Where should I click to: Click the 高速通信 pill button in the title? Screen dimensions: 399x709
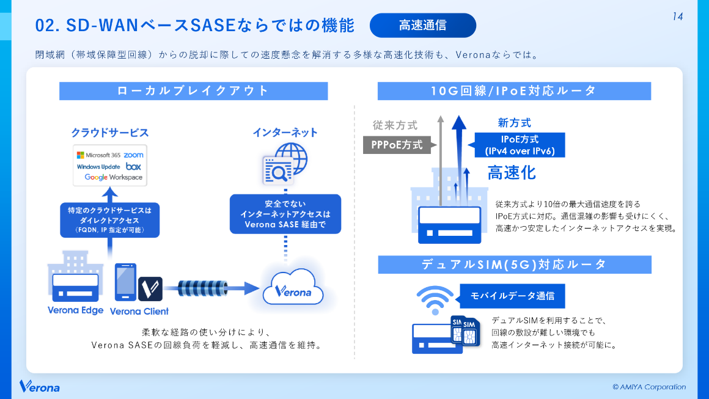coord(422,26)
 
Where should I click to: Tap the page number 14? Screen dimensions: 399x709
coord(677,17)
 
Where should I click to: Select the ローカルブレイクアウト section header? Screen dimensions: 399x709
coord(193,91)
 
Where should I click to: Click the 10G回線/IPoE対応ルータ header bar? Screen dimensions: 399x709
coord(514,91)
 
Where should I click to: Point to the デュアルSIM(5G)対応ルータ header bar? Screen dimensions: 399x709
coord(514,265)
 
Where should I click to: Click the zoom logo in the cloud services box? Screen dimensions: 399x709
coord(133,155)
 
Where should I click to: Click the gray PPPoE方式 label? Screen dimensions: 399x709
coord(397,145)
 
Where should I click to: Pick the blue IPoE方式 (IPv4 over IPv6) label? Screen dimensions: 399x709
coord(520,145)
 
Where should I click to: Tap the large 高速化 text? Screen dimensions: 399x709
coord(512,173)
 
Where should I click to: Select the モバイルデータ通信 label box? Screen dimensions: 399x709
coord(512,296)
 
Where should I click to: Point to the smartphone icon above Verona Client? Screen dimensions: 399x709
coord(125,282)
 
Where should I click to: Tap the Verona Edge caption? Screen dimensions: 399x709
coord(75,310)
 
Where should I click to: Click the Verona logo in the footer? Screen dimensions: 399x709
coord(40,387)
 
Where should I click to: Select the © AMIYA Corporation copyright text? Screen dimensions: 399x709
coord(648,387)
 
